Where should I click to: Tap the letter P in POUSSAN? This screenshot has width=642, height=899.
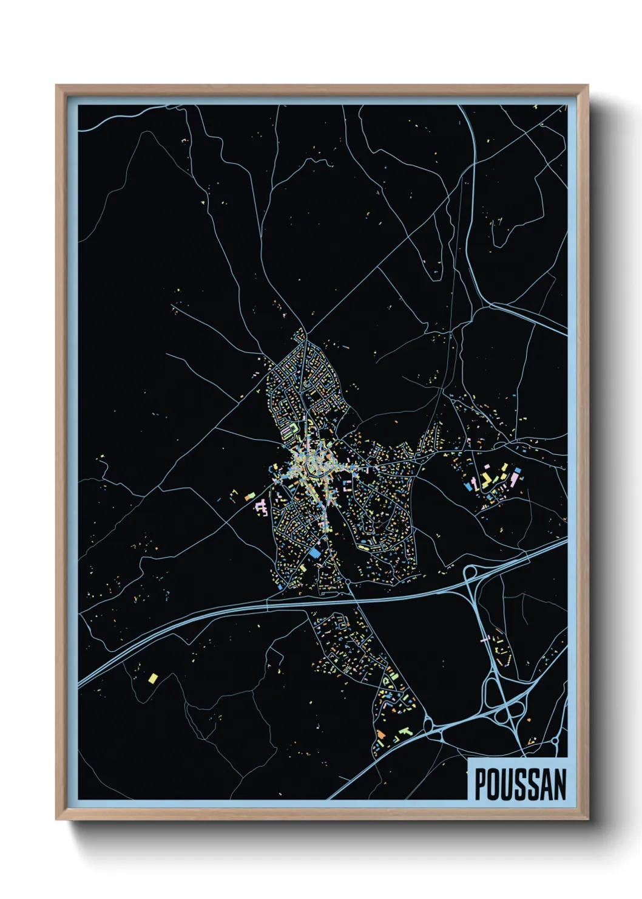(479, 784)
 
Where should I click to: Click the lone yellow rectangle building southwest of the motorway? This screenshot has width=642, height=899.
(152, 677)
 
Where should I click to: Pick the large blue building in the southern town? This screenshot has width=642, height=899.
(314, 553)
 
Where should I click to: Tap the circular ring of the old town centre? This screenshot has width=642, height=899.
(316, 467)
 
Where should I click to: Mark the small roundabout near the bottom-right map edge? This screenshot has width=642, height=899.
(555, 742)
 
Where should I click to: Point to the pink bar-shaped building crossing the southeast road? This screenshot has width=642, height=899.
(485, 639)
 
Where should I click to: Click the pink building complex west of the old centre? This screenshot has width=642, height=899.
(262, 506)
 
